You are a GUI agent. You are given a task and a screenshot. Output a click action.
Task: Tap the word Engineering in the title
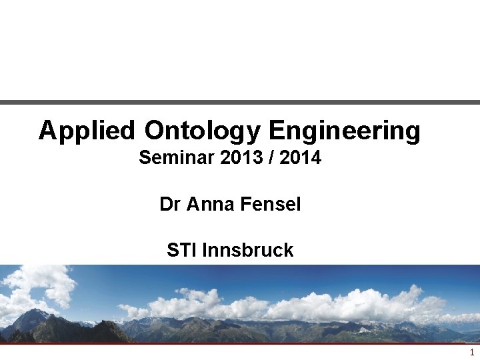coord(345,131)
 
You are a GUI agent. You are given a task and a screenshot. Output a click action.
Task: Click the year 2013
coord(236,159)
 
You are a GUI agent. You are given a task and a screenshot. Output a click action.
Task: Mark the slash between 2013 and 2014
coord(268,159)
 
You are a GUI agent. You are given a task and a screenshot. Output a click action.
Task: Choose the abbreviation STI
coord(182,251)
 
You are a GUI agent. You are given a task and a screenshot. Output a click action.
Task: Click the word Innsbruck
coord(247,251)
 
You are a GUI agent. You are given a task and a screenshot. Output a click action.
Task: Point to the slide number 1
coord(472,352)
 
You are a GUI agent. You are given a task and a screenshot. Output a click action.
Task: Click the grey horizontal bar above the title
coord(240,102)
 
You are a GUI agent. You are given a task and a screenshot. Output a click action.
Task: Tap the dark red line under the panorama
coord(240,343)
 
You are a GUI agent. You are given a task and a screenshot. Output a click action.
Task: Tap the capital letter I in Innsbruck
coord(204,251)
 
